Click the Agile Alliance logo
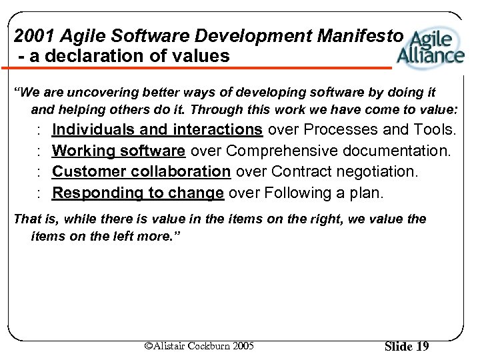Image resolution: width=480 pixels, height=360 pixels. (x=430, y=47)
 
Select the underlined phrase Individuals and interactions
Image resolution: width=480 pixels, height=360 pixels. (x=157, y=129)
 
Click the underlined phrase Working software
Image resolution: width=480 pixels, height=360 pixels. (x=119, y=150)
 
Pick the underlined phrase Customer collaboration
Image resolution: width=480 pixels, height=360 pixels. (x=141, y=171)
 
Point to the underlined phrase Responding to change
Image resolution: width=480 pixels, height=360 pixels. (x=138, y=193)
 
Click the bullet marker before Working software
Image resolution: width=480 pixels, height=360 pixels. (x=40, y=151)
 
